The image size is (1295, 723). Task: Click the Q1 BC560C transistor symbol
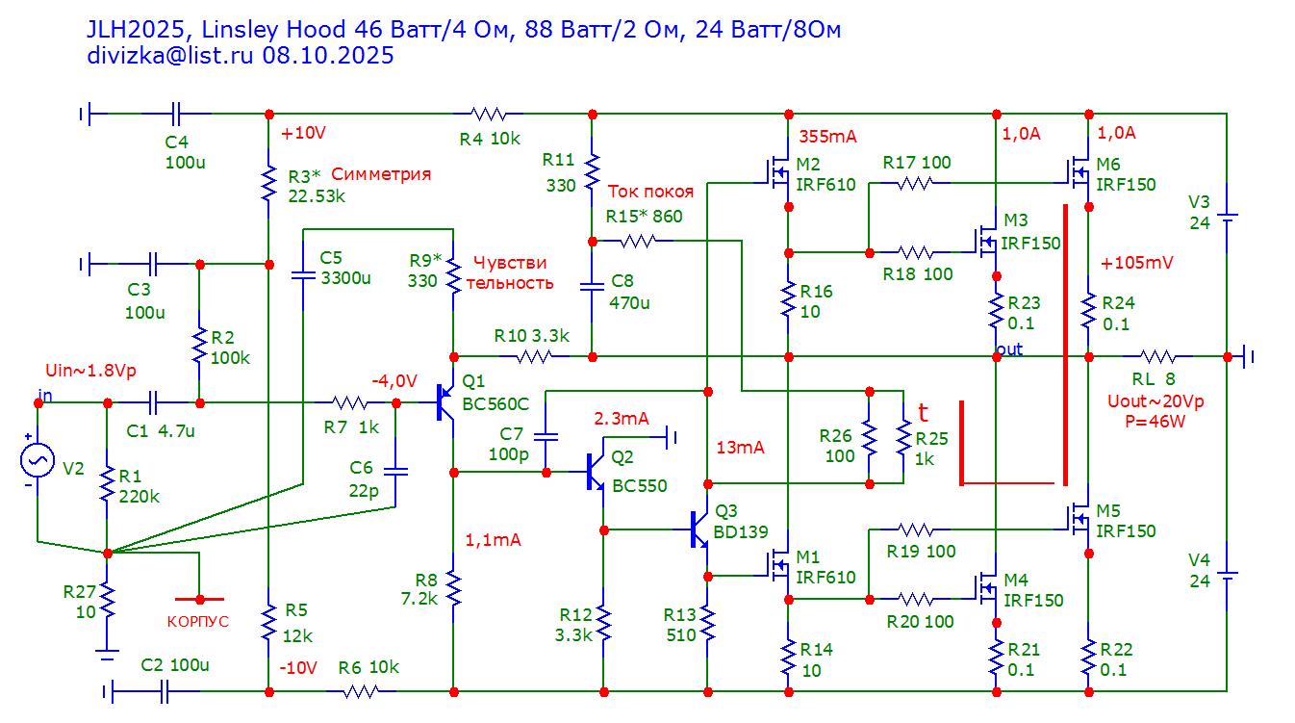[446, 402]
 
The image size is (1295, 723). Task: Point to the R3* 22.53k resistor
[267, 184]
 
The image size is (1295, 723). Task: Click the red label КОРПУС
[198, 621]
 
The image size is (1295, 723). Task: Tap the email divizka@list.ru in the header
[170, 56]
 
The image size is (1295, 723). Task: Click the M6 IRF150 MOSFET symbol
[1079, 172]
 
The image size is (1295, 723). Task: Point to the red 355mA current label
[827, 135]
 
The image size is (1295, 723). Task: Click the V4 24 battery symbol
[1228, 577]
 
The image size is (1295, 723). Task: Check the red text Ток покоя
[649, 192]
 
